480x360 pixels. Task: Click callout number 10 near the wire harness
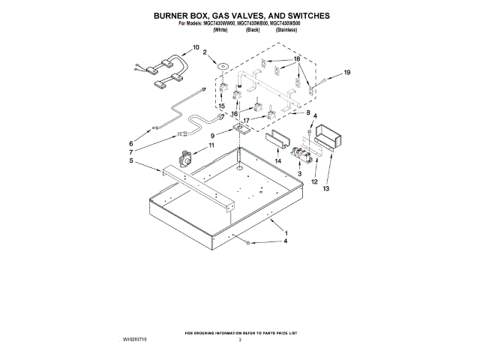click(196, 47)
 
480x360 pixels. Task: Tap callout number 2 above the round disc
click(205, 52)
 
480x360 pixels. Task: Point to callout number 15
click(221, 106)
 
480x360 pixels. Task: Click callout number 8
click(307, 112)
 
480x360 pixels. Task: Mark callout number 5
click(131, 160)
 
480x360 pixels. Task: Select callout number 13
click(326, 189)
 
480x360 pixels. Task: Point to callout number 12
click(313, 182)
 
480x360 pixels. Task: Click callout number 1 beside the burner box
click(284, 235)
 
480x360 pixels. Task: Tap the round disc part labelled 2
click(223, 66)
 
